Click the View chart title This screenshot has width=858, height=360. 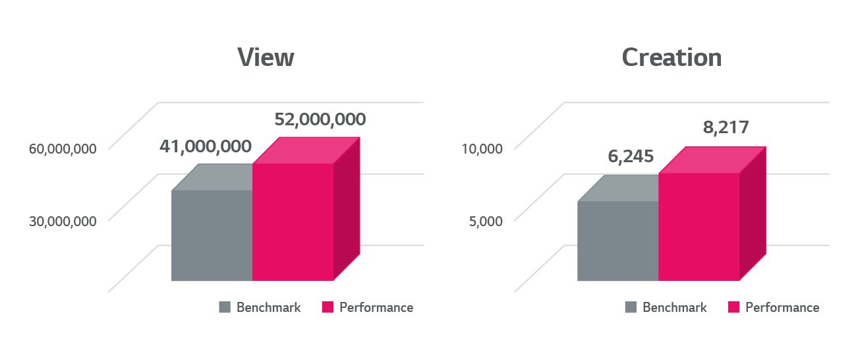[x=266, y=57]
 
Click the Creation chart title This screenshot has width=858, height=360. [x=672, y=57]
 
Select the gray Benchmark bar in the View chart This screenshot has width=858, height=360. [x=212, y=235]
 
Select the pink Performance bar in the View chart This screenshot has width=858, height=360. [x=293, y=222]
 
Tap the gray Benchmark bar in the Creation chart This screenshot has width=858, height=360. [x=617, y=241]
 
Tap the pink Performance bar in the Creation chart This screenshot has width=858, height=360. [x=699, y=226]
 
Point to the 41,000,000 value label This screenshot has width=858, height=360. [x=205, y=146]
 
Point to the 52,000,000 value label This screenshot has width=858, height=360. [x=320, y=119]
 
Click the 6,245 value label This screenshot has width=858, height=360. [x=630, y=156]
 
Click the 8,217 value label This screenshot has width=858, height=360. [x=726, y=127]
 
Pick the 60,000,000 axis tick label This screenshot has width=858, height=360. [x=63, y=148]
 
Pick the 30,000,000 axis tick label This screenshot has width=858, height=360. [x=63, y=220]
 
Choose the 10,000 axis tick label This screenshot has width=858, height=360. [x=482, y=148]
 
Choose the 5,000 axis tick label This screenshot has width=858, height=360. [x=486, y=220]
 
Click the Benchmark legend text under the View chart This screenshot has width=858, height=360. [x=268, y=307]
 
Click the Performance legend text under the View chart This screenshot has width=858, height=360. [x=376, y=307]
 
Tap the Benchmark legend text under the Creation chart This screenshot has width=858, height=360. [x=674, y=307]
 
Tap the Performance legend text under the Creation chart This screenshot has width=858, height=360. [x=782, y=307]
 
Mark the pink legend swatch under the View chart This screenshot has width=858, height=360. [x=328, y=307]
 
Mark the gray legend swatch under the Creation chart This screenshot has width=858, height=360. [x=631, y=307]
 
